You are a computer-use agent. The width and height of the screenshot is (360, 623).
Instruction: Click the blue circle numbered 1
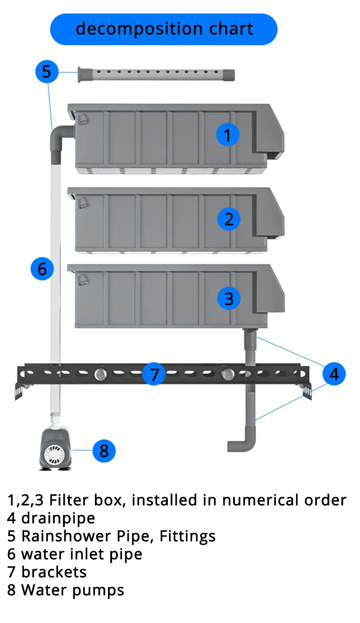tap(228, 134)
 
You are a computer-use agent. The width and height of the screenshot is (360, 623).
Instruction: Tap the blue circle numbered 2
tap(229, 219)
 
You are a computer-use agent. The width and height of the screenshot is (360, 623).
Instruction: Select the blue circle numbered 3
tap(229, 298)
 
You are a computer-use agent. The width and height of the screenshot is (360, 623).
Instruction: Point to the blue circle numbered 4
tap(334, 373)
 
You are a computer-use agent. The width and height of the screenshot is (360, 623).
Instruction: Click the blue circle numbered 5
tap(47, 72)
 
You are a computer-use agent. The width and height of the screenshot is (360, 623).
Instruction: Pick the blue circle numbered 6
tap(42, 269)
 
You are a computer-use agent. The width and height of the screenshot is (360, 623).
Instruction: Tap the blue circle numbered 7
tap(154, 374)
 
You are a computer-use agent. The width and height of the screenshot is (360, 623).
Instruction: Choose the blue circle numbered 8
tap(104, 450)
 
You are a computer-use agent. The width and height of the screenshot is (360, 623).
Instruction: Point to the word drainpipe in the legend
tap(58, 518)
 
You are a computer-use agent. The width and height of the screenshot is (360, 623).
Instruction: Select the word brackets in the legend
tap(54, 572)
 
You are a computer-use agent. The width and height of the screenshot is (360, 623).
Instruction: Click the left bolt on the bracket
tap(100, 374)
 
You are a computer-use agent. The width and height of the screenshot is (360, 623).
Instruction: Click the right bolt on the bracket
tap(228, 374)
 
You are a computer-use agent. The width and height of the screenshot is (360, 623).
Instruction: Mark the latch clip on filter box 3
tap(83, 280)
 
